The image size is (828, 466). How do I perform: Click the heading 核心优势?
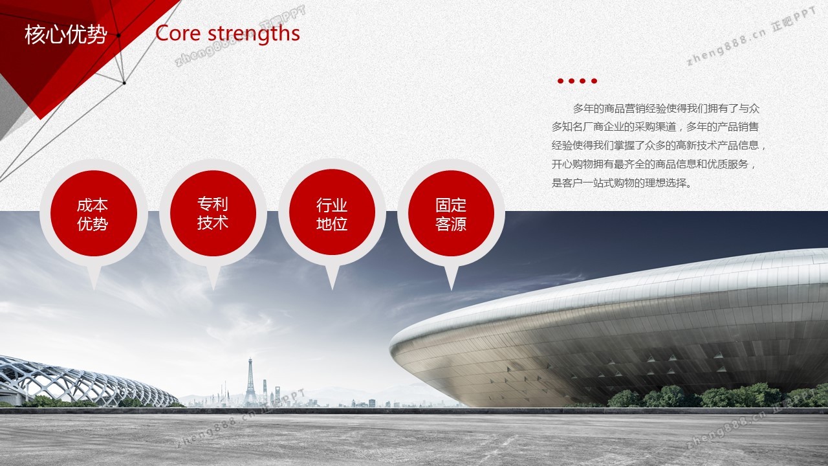coord(66,35)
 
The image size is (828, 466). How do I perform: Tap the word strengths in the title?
coord(254,34)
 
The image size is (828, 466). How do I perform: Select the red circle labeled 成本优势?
coord(94,214)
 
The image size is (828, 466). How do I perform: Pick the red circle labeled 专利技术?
coord(213,214)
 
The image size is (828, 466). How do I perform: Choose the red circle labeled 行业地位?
coord(332,213)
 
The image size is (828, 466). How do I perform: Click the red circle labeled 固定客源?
coord(451,214)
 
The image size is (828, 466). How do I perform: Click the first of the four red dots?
coord(560,81)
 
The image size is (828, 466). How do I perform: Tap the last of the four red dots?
coord(594,81)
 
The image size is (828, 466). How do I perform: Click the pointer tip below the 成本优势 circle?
coord(94,289)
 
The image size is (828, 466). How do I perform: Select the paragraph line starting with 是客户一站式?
coord(622,183)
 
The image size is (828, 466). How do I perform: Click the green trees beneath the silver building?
coord(717,395)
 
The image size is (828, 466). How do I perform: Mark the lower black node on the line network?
coord(124,83)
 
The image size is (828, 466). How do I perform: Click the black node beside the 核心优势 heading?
coord(118,36)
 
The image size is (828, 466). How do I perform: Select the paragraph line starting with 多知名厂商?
coord(655,127)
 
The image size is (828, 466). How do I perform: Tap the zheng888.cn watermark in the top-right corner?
coord(751,36)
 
